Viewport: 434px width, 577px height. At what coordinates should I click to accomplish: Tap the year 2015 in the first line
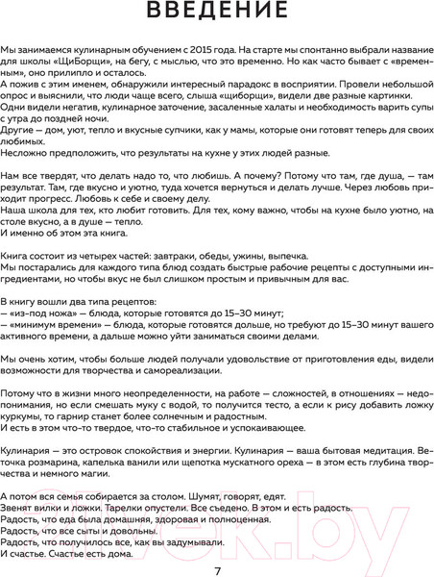click(208, 73)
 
